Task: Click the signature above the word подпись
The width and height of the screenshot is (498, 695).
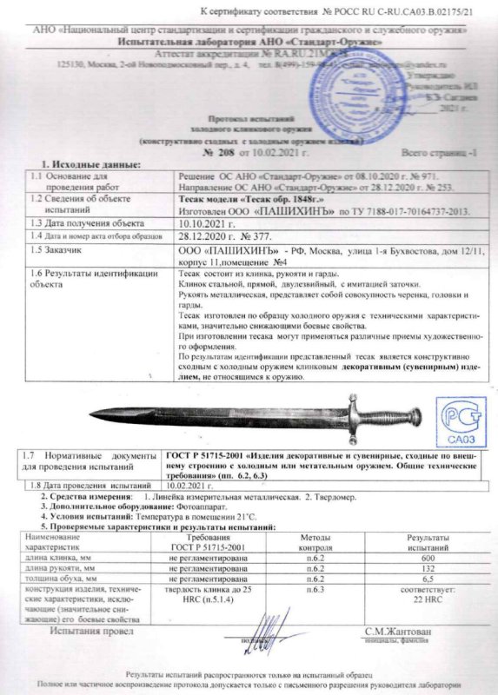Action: coord(256,629)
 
